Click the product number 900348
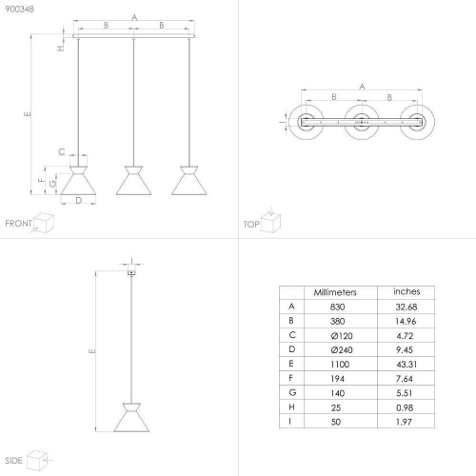click(x=19, y=10)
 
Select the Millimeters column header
click(x=335, y=292)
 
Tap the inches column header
click(x=407, y=291)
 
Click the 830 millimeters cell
click(x=337, y=307)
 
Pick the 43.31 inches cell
click(x=407, y=365)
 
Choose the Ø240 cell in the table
click(x=342, y=350)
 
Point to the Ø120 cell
click(x=342, y=336)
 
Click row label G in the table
click(x=292, y=392)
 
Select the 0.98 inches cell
click(x=405, y=407)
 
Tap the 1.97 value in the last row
click(x=404, y=422)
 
